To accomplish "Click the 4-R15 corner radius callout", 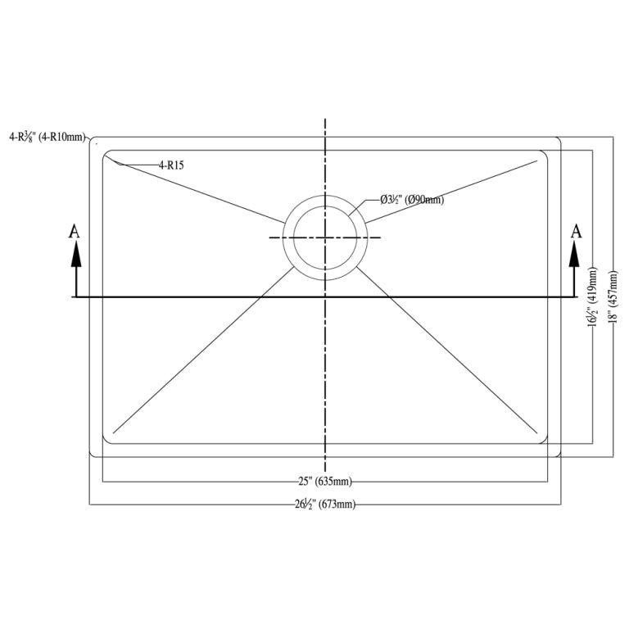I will pyautogui.click(x=171, y=165).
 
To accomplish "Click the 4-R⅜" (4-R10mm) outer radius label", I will pyautogui.click(x=47, y=138).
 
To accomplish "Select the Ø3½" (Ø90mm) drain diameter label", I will pyautogui.click(x=412, y=200).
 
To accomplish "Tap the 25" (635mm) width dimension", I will pyautogui.click(x=326, y=482).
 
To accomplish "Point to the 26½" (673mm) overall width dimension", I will pyautogui.click(x=326, y=505).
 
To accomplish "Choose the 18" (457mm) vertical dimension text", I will pyautogui.click(x=613, y=296).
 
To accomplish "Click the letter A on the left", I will pyautogui.click(x=75, y=232).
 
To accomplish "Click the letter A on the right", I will pyautogui.click(x=576, y=232).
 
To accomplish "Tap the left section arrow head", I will pyautogui.click(x=75, y=256).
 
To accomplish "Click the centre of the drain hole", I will pyautogui.click(x=326, y=238).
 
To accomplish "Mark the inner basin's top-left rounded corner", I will pyautogui.click(x=106, y=153).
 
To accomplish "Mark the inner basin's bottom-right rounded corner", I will pyautogui.click(x=544, y=440).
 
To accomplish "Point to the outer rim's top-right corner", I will pyautogui.click(x=559, y=139).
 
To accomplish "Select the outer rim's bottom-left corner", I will pyautogui.click(x=92, y=454).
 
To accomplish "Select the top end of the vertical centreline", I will pyautogui.click(x=326, y=120).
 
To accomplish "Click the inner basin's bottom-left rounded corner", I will pyautogui.click(x=106, y=440).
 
